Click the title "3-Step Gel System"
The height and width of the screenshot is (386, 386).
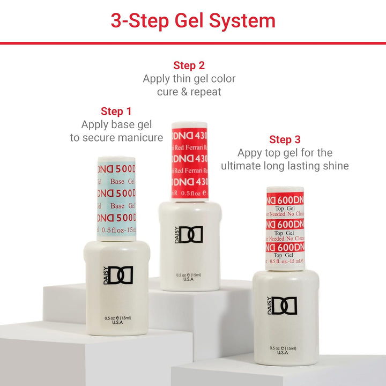[x=193, y=20]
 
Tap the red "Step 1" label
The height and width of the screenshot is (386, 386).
[x=116, y=111]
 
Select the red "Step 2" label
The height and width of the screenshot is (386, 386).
[x=189, y=65]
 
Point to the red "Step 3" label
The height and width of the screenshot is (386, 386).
[x=285, y=139]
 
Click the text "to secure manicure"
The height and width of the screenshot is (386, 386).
[x=116, y=138]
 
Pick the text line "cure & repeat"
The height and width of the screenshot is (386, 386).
[x=189, y=92]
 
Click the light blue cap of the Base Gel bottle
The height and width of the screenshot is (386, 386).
[x=116, y=198]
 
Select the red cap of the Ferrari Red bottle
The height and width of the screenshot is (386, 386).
[x=189, y=161]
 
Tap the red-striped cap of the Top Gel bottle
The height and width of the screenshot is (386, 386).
[x=285, y=228]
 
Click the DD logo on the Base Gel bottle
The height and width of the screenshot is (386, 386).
[x=120, y=275]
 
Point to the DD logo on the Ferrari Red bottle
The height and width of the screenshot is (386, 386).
[x=191, y=234]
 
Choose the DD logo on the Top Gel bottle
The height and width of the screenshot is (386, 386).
[x=284, y=306]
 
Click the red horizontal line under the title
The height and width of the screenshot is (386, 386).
[x=193, y=43]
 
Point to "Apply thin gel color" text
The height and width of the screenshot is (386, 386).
[x=189, y=79]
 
